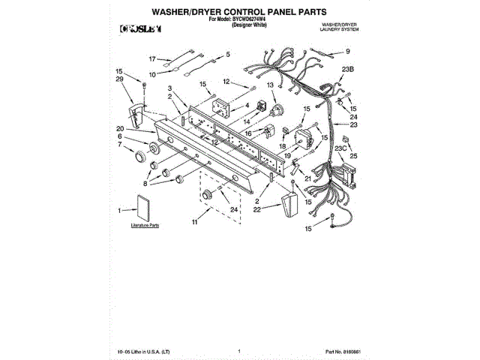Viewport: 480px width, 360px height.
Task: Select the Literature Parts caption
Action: [x=145, y=225]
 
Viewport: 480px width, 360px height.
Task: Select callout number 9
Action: [x=347, y=51]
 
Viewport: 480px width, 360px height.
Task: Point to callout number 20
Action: [x=120, y=127]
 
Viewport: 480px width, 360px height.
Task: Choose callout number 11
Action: [x=193, y=223]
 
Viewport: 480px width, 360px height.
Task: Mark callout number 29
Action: [x=119, y=79]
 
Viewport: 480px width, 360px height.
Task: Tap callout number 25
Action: [x=355, y=155]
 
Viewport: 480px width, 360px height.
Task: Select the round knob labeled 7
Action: [x=139, y=157]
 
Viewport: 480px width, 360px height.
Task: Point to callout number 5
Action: [x=228, y=55]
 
